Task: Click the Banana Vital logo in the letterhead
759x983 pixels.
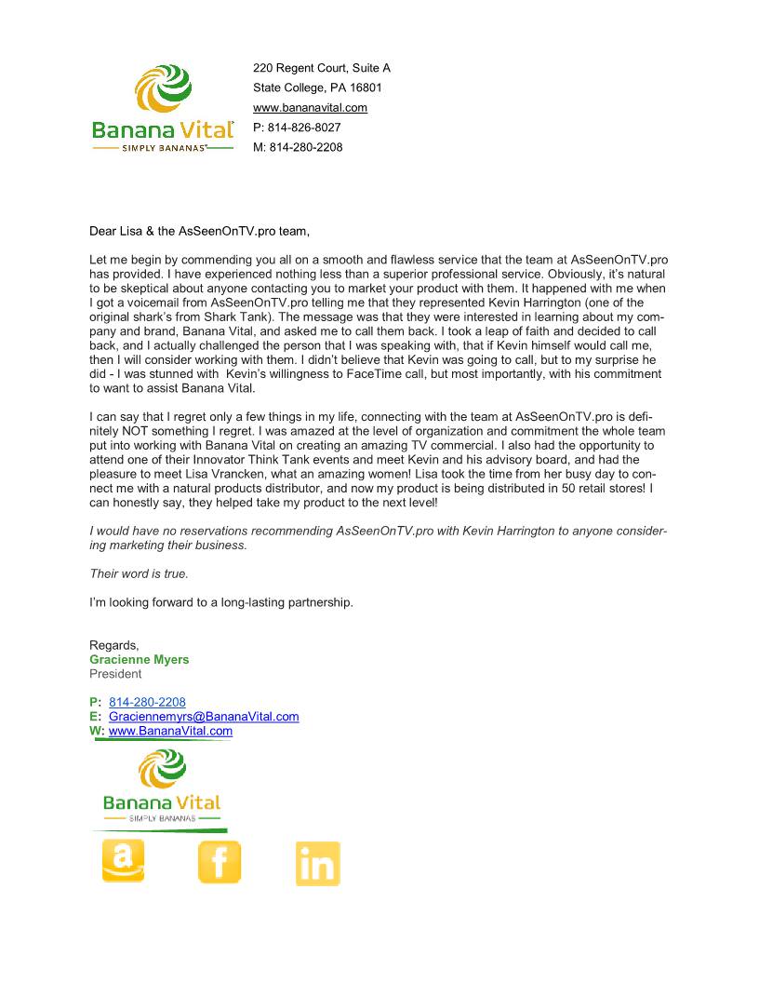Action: pos(162,108)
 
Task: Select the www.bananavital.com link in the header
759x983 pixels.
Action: pos(310,108)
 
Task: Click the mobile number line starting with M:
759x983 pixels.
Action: pos(298,147)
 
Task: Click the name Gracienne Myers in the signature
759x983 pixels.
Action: pos(139,660)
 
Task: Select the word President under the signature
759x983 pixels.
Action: pos(115,674)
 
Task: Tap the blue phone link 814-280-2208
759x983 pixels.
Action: pos(147,702)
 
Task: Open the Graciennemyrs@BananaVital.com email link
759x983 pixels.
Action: pos(204,717)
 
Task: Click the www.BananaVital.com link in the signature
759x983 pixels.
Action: pos(170,732)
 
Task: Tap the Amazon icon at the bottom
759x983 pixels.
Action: pos(123,861)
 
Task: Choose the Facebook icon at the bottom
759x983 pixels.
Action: pos(220,862)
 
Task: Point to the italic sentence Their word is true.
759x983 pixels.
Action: pos(139,574)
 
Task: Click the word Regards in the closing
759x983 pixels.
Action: pos(113,645)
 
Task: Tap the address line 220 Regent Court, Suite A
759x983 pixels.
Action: pos(322,69)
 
